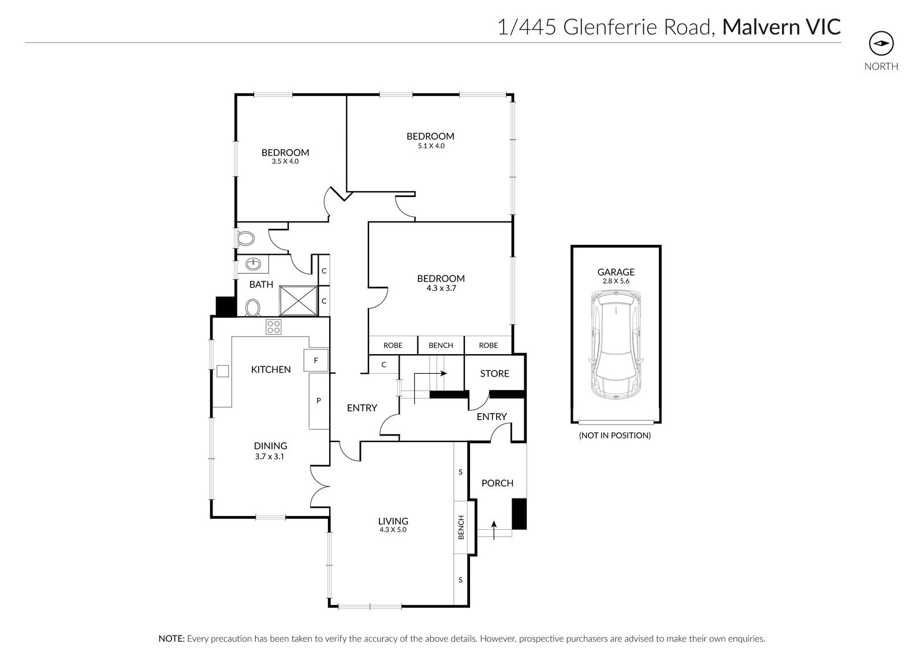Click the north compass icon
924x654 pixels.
pyautogui.click(x=881, y=43)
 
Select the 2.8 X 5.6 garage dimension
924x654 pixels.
pyautogui.click(x=616, y=281)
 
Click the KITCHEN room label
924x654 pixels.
pyautogui.click(x=270, y=369)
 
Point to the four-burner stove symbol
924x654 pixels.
pyautogui.click(x=274, y=327)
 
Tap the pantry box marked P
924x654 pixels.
pyautogui.click(x=318, y=400)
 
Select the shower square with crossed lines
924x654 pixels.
pyautogui.click(x=299, y=300)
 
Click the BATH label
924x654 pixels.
pyautogui.click(x=261, y=284)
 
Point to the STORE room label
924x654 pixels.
pyautogui.click(x=494, y=374)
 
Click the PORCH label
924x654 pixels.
pyautogui.click(x=497, y=483)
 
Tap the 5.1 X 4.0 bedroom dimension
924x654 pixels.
pyautogui.click(x=430, y=146)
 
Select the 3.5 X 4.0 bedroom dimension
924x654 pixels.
pyautogui.click(x=285, y=162)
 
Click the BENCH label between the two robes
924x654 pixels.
pyautogui.click(x=441, y=345)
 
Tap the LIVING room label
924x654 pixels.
pyautogui.click(x=393, y=521)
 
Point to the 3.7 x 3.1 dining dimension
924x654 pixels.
pyautogui.click(x=270, y=456)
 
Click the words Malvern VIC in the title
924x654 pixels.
pyautogui.click(x=781, y=27)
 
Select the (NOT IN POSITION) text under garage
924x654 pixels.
pyautogui.click(x=614, y=436)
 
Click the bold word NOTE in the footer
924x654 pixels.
pyautogui.click(x=171, y=639)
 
